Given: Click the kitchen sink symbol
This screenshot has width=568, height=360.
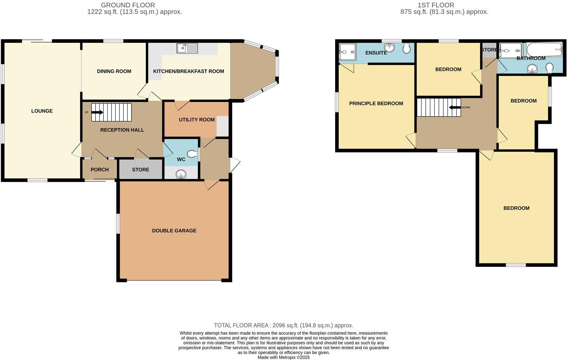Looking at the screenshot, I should (187, 48).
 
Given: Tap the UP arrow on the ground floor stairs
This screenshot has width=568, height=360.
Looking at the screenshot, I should (97, 112).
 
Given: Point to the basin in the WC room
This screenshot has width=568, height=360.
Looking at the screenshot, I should (181, 174).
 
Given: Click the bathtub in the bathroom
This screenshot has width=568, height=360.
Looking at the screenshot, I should (544, 49).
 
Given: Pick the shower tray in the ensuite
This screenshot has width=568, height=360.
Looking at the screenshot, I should (347, 52).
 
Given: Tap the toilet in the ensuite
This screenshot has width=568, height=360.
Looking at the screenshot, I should (407, 48).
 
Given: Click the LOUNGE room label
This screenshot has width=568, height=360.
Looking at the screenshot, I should (42, 111).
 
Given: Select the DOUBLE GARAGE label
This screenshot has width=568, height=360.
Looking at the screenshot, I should (174, 231).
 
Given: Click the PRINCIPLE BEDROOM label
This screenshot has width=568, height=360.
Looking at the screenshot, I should (376, 103).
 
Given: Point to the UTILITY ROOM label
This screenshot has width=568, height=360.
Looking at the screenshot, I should (197, 119).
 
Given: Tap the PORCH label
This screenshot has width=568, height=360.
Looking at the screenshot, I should (99, 170).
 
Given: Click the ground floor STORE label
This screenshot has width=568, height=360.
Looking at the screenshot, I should (141, 170).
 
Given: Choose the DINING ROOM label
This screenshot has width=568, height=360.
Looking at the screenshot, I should (114, 71).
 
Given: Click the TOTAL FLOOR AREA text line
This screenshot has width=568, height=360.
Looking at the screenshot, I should (283, 325).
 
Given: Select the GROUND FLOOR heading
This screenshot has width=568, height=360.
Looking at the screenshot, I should (128, 5).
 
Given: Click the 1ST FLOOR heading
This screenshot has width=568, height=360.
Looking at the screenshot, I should (436, 5).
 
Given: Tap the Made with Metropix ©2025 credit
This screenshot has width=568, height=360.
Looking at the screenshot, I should (283, 357).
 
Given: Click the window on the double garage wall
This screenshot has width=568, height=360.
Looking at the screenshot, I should (118, 224).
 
